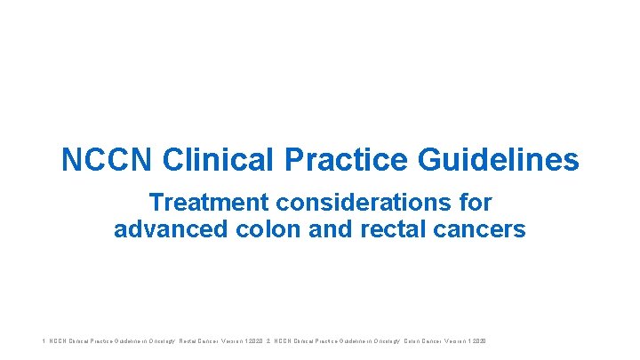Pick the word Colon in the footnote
pyautogui.click(x=415, y=341)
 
